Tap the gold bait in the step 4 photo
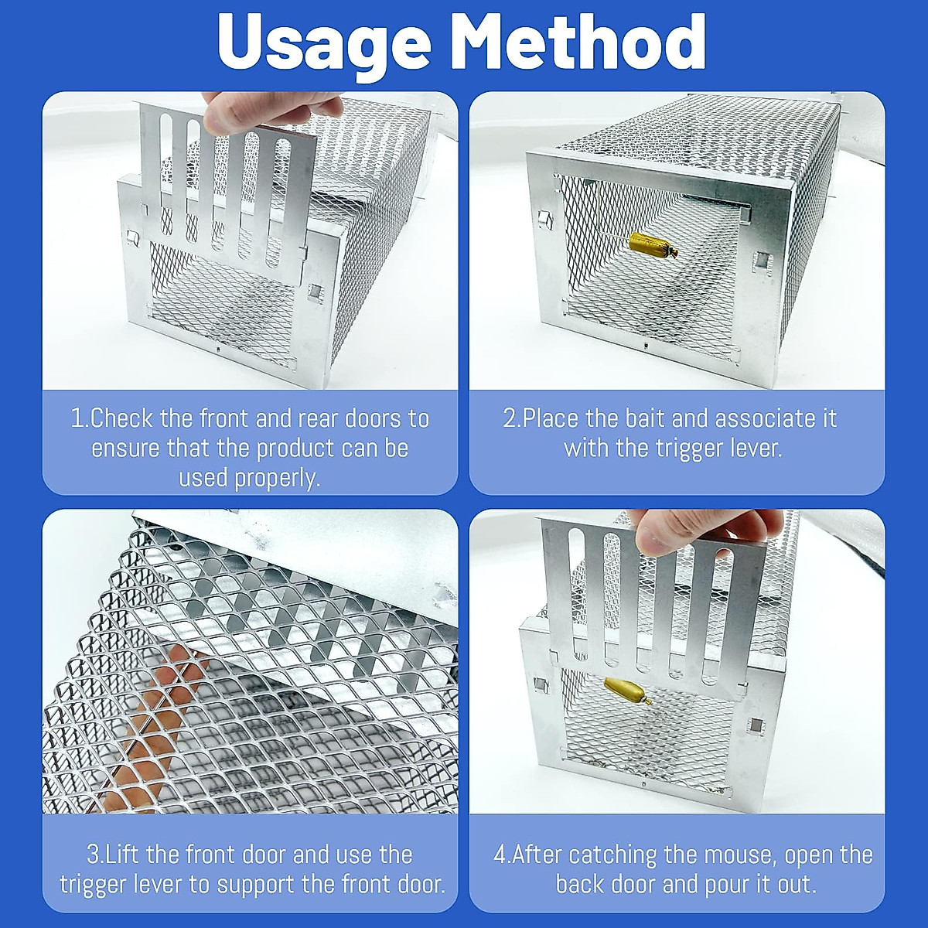click(x=623, y=688)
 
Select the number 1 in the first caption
click(x=77, y=419)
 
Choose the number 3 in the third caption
click(x=94, y=855)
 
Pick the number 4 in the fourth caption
click(x=500, y=855)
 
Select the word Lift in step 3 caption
click(x=123, y=855)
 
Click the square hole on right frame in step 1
click(x=316, y=292)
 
